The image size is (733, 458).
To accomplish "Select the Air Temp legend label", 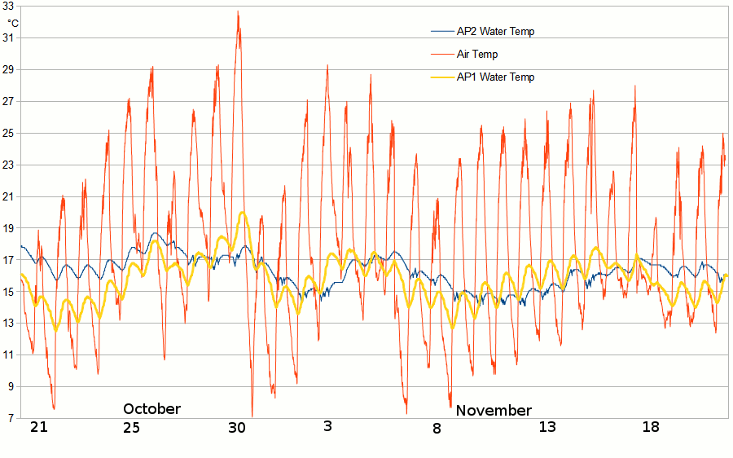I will [477, 55].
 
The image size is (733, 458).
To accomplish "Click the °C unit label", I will [13, 23].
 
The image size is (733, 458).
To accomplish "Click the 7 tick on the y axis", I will [11, 418].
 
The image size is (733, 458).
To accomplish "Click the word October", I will [151, 409].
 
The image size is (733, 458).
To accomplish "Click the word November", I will [494, 411].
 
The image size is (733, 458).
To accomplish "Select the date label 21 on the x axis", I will [38, 428].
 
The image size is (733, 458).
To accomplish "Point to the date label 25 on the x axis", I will [131, 428].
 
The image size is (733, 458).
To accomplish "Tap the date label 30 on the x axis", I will [236, 428].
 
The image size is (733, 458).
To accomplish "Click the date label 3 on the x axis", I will [328, 426].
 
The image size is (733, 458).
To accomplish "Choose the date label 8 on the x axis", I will [437, 428].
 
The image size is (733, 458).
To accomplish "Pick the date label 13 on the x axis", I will [547, 426].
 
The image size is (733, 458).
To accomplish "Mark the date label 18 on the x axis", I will [650, 426].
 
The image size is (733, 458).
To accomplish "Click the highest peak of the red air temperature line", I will [238, 11].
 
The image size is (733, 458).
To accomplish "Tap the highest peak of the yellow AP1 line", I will [243, 213].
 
